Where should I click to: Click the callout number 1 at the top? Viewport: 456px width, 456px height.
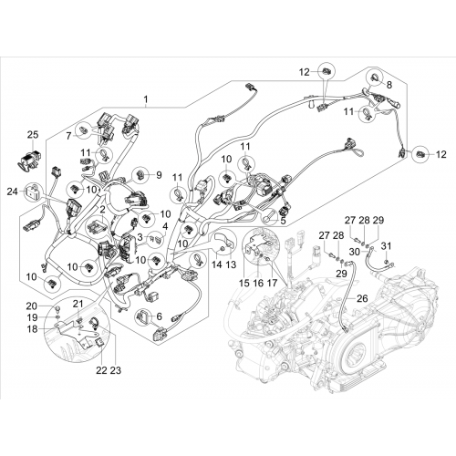146,99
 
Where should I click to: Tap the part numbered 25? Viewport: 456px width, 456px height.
29,159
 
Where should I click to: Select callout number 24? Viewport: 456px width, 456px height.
13,192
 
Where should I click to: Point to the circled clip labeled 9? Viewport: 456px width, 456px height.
140,175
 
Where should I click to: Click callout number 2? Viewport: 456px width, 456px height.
102,209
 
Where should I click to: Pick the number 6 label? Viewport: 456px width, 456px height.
160,316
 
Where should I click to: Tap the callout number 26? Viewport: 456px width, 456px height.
362,298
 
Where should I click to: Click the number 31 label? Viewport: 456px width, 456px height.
386,246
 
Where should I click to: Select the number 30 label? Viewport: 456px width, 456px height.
355,252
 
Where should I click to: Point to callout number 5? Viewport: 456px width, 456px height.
284,221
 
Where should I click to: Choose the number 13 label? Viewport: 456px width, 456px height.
231,264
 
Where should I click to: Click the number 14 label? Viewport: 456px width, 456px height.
217,264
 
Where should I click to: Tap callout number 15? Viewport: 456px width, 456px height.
244,283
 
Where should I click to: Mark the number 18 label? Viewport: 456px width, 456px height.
32,329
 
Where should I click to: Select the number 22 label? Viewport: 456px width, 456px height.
102,370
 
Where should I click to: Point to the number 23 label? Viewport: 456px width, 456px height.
116,370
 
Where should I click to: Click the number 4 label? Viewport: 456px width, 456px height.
165,226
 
